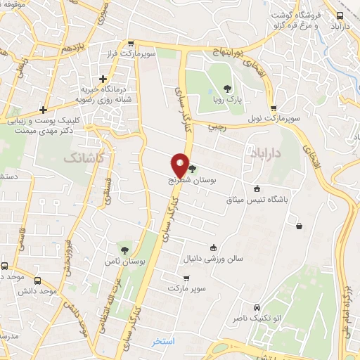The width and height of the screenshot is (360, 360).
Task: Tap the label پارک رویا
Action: coord(226,100)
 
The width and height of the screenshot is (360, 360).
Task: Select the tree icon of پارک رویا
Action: coord(226,89)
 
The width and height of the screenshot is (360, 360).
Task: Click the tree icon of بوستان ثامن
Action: coord(125,250)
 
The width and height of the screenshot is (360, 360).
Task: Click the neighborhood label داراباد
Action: coord(265,150)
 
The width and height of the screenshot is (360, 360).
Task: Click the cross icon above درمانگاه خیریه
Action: coord(104,79)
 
